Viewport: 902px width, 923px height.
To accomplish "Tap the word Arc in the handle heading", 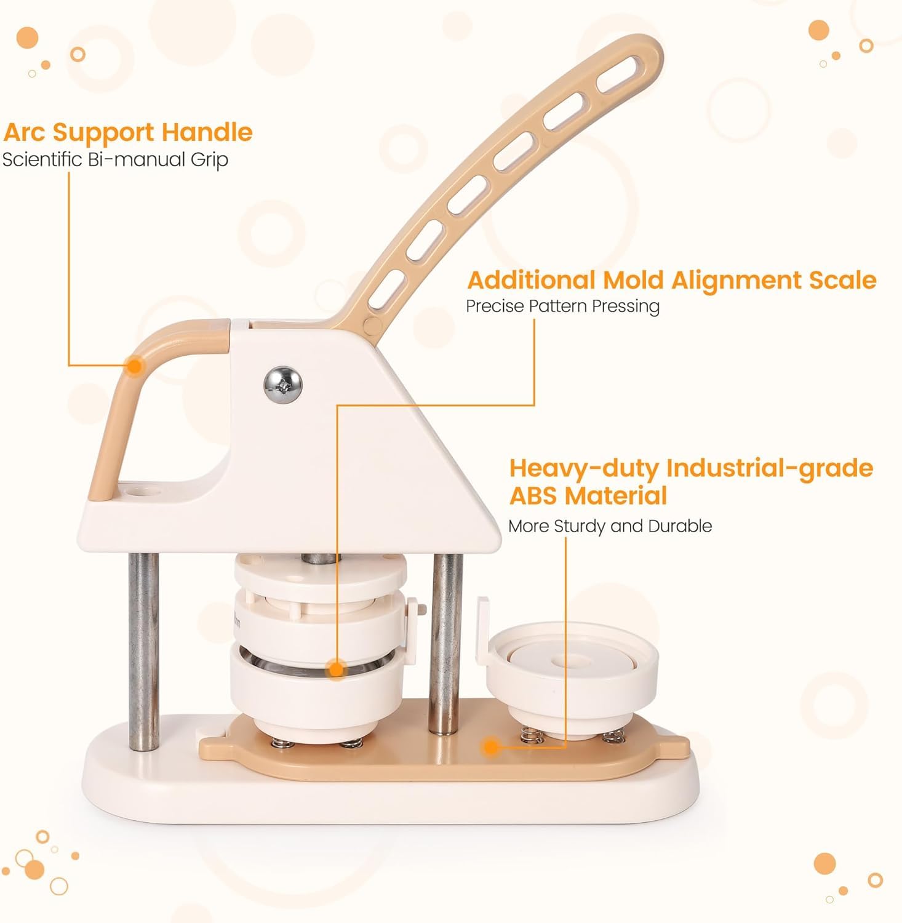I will point(26,132).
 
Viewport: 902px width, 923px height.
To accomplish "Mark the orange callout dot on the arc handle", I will point(135,366).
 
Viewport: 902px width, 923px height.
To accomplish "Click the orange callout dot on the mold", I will point(336,668).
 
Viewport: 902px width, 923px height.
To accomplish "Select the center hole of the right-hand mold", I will point(561,663).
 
